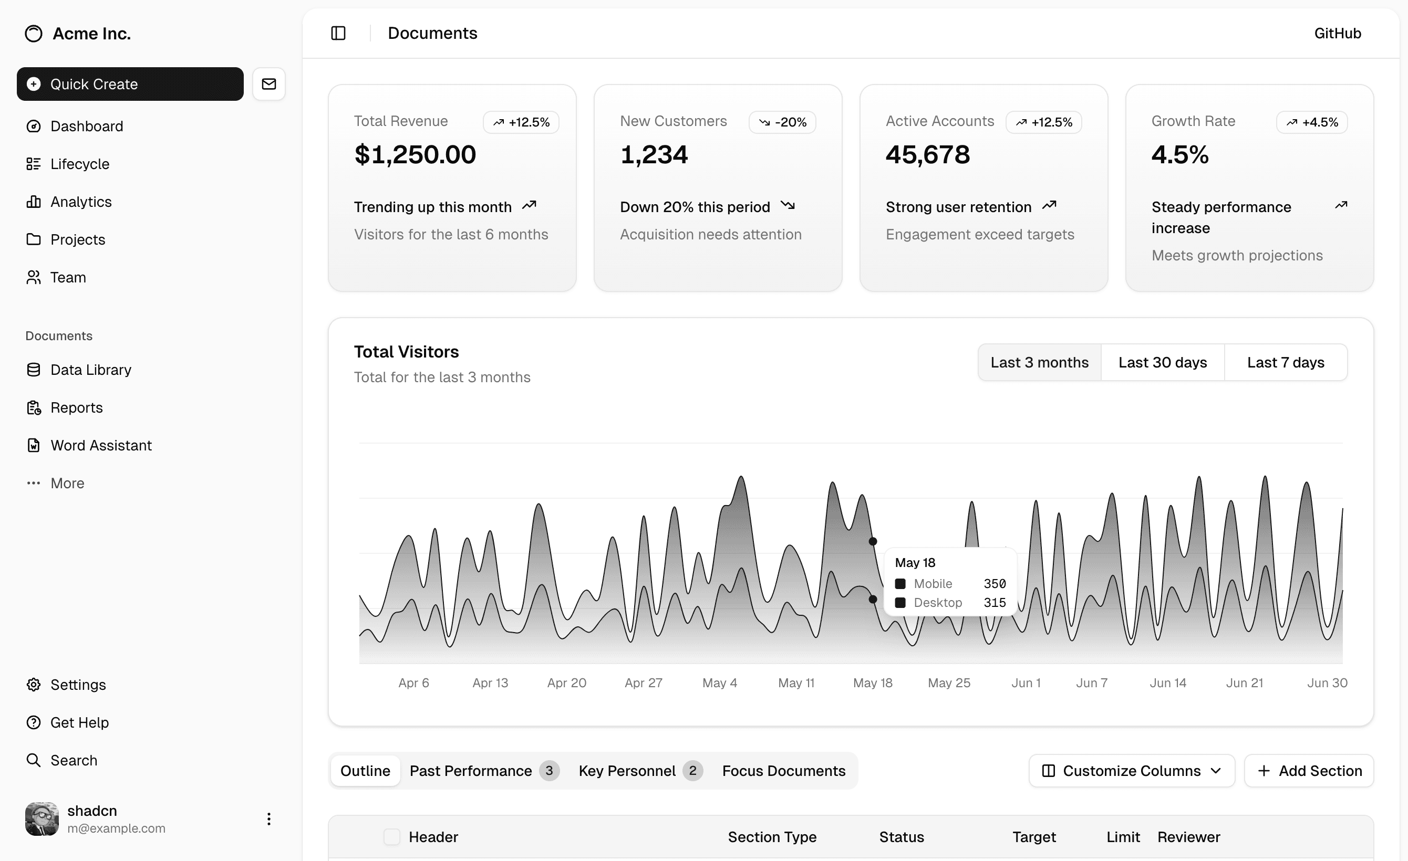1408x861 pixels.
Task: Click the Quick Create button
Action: tap(130, 84)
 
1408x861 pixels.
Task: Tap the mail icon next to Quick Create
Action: tap(268, 84)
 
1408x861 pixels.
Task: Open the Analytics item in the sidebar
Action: tap(80, 202)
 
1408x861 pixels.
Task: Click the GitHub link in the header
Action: tap(1337, 33)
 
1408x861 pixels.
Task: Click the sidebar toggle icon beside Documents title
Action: tap(338, 33)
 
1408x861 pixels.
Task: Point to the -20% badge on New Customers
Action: tap(782, 122)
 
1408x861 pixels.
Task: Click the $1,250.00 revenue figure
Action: tap(415, 155)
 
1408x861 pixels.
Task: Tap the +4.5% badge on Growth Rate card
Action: tap(1312, 122)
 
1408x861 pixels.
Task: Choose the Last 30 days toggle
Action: tap(1162, 363)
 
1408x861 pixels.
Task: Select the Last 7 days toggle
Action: tap(1285, 363)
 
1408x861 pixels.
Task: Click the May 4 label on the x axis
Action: tap(719, 683)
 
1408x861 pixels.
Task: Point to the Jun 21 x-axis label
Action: tap(1244, 683)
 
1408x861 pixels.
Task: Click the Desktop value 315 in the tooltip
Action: tap(995, 602)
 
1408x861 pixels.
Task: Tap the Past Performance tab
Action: tap(470, 771)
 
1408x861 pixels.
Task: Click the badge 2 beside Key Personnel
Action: tap(692, 771)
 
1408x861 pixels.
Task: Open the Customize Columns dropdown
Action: tap(1132, 771)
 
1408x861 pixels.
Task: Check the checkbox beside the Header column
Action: tap(391, 837)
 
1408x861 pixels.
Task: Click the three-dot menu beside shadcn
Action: tap(268, 819)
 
